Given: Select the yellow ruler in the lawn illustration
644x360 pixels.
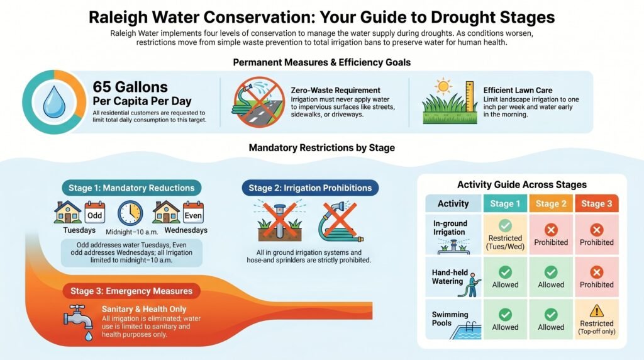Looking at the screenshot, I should click(x=469, y=99).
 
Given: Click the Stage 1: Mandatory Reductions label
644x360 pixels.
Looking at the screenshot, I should click(x=132, y=188).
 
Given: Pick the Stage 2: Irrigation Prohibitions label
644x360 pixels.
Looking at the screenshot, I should click(x=310, y=188).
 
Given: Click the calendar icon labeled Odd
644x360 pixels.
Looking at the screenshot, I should click(x=94, y=212).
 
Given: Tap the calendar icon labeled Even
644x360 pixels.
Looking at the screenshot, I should click(x=193, y=212).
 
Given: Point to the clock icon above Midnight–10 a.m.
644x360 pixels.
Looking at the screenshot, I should click(x=130, y=213).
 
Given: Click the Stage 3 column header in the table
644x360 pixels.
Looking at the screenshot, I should click(x=597, y=203).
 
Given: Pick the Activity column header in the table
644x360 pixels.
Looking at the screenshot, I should click(x=453, y=203).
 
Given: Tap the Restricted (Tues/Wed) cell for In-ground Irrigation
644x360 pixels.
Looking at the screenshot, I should click(x=505, y=234).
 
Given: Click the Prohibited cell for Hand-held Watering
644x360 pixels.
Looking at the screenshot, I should click(x=597, y=277).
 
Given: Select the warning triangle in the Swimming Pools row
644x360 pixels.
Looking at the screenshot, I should click(x=597, y=310).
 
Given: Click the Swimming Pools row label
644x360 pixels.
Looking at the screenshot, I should click(x=449, y=319).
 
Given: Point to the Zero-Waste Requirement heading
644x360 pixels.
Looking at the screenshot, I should click(x=336, y=91).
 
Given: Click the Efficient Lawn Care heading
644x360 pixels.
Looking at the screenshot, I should click(x=518, y=91).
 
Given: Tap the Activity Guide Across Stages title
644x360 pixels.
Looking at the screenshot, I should click(x=521, y=185).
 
